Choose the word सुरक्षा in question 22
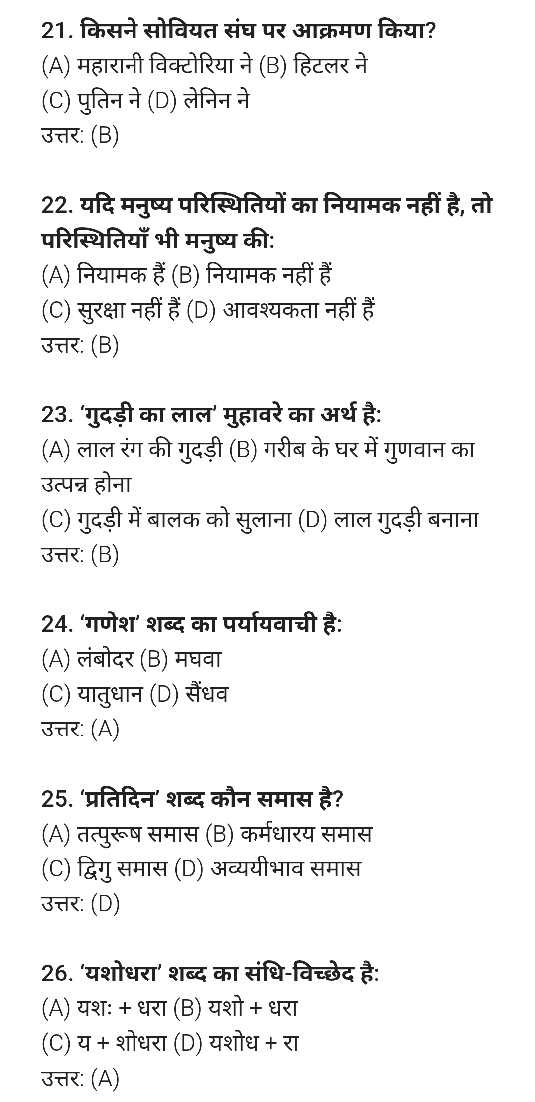pos(101,310)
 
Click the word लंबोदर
pos(105,659)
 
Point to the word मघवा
pos(198,659)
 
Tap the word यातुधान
pos(110,694)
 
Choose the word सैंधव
pos(206,694)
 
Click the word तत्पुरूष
pos(110,834)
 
